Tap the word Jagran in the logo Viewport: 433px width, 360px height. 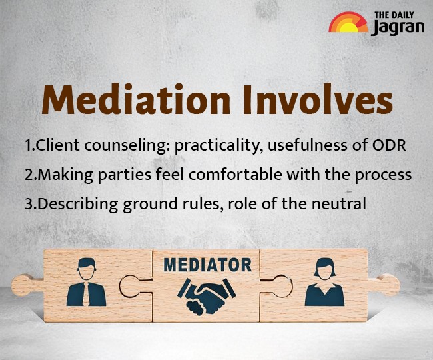coord(398,28)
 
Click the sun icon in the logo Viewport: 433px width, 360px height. coord(348,23)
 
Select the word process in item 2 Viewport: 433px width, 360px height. coord(383,175)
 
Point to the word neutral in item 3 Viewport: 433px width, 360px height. coord(342,203)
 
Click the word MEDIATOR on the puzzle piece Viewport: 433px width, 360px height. coord(207,265)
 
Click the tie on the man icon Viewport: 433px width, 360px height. coord(86,295)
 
